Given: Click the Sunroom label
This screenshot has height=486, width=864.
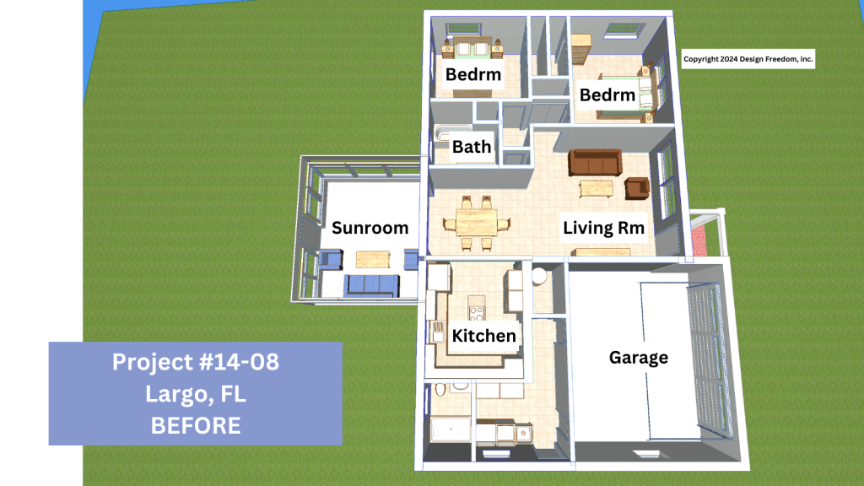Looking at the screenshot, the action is coord(370,228).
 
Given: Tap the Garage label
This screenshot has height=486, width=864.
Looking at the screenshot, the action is coord(638,358).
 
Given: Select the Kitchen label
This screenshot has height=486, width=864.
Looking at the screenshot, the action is coord(483,336).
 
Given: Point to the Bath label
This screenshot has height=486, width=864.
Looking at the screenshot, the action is coord(471,147).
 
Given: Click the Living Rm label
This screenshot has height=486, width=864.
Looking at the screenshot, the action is coord(603,228).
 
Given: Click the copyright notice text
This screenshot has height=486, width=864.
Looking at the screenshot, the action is coord(748,59).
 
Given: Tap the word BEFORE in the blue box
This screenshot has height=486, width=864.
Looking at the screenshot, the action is coord(196,425).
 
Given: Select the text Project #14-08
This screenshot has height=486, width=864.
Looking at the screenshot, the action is coord(196,362).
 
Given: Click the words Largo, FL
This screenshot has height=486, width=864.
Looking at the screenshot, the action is coord(196,394).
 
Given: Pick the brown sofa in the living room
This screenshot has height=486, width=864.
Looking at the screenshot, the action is coord(595,163).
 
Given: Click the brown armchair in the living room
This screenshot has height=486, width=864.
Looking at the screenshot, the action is coord(637,188).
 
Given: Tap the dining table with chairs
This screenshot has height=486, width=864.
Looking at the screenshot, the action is coord(477,223).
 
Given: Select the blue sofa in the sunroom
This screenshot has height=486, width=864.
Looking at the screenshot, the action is coord(371,285).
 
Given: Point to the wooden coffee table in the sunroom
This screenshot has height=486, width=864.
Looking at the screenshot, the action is coord(373,258).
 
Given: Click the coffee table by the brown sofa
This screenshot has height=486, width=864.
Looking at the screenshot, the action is coord(596,189).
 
